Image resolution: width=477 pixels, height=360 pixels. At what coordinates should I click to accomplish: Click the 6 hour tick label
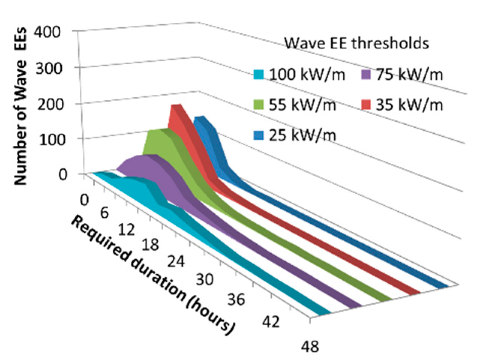coord(104,214)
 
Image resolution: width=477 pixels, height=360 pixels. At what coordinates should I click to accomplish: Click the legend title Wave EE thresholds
coord(356,43)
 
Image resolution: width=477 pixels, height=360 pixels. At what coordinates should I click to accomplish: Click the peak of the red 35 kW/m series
coord(176,106)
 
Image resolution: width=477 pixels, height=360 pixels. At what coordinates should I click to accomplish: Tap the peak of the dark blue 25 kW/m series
coord(199,118)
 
